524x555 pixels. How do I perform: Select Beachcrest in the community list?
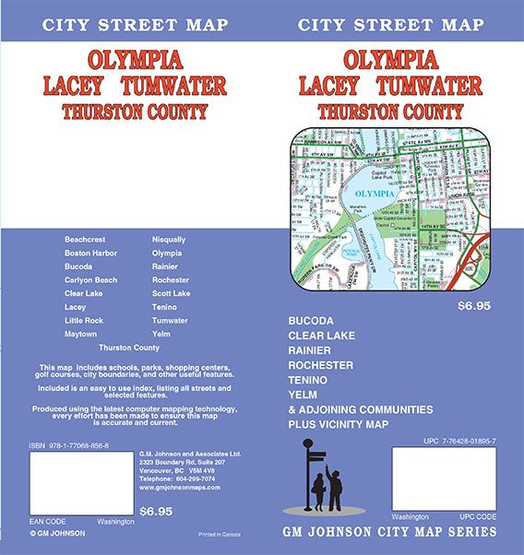pos(86,238)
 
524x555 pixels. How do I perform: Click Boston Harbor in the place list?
pos(89,252)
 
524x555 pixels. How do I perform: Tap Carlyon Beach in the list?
pos(90,279)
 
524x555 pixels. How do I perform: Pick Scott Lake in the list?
pos(171,293)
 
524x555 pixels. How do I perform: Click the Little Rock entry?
pos(85,320)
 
